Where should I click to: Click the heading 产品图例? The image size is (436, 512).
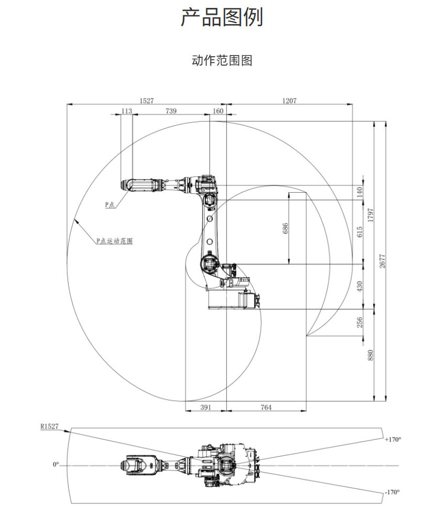(221, 17)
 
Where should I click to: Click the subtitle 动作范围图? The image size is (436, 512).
(222, 60)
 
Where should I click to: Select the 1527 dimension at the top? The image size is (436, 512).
(146, 100)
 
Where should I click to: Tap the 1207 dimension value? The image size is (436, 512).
(290, 100)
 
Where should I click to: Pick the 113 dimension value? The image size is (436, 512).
(126, 111)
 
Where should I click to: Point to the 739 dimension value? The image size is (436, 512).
(171, 111)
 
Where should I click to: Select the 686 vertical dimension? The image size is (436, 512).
(285, 228)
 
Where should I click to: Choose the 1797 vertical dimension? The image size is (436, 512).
(370, 216)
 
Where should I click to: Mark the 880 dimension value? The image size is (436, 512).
(370, 355)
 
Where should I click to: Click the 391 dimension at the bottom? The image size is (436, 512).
(206, 407)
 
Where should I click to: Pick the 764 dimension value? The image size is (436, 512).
(267, 407)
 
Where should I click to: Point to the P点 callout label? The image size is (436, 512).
(110, 205)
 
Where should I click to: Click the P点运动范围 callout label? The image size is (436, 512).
(114, 241)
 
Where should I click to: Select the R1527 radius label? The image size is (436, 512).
(49, 426)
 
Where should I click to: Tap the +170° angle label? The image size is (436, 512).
(393, 439)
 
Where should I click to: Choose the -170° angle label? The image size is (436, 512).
(392, 492)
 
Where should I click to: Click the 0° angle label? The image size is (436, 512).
(56, 465)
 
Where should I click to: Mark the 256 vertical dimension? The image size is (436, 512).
(360, 322)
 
